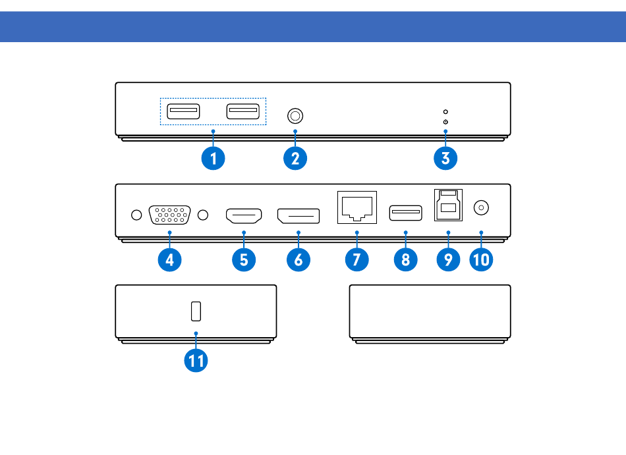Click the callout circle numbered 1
click(213, 158)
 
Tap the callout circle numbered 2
click(295, 158)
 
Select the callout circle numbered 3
click(445, 158)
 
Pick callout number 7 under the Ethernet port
click(357, 259)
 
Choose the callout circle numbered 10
click(481, 259)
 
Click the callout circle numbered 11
click(196, 360)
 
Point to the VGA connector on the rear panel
click(169, 215)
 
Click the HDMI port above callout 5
click(244, 216)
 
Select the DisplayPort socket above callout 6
click(299, 216)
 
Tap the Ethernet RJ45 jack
click(357, 207)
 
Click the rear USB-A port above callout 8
click(406, 213)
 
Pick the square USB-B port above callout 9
click(448, 205)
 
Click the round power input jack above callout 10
click(481, 208)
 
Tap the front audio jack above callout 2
click(295, 116)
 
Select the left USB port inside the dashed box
click(183, 111)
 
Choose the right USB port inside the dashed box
click(242, 111)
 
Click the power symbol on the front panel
click(445, 122)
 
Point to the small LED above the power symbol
click(445, 112)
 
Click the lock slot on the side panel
click(196, 311)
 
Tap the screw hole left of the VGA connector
click(136, 215)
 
